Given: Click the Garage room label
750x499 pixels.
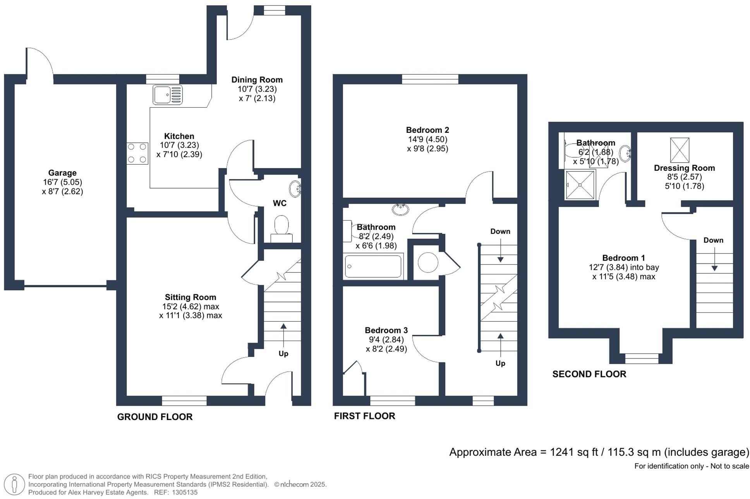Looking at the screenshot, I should pos(62,173).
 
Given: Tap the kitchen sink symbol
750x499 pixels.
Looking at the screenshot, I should pos(167,95).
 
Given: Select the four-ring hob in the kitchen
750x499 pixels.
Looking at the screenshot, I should pos(137,153).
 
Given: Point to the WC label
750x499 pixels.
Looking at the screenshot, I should pos(280,203).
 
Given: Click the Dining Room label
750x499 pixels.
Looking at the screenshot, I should pos(257,80).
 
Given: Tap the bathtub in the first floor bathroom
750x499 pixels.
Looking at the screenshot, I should pos(373,266).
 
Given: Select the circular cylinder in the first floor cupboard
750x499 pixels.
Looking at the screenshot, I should pos(428,262).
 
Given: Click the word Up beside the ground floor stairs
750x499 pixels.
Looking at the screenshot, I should pos(283,353).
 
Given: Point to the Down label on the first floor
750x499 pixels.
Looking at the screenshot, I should pos(500,231).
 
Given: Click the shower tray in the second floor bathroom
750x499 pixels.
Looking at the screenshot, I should pos(580,185).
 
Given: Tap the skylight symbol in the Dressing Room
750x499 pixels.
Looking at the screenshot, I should pos(679,150).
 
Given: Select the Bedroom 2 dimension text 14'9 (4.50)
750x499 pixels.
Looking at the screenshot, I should pos(427,139).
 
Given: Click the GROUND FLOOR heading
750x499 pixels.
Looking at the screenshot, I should pos(154,417).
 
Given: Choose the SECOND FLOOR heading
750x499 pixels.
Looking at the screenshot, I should pos(589,374).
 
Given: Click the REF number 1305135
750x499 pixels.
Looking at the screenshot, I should pos(185,492).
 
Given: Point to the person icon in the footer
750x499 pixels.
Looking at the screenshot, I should pos(15,484).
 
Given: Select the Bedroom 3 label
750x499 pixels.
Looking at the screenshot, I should pos(386,330).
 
